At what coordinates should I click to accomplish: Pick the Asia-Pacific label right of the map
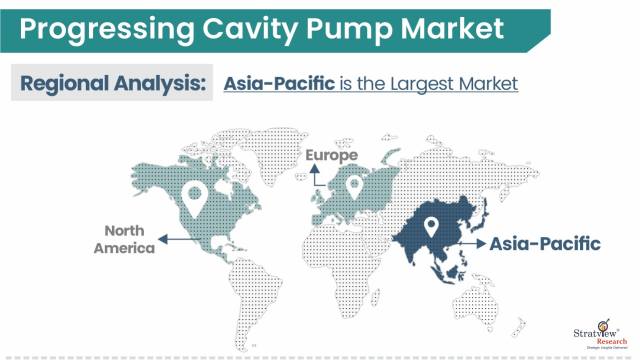coord(544,243)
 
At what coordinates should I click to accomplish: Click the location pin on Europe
coord(352,185)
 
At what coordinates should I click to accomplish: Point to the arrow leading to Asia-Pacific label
coord(464,243)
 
